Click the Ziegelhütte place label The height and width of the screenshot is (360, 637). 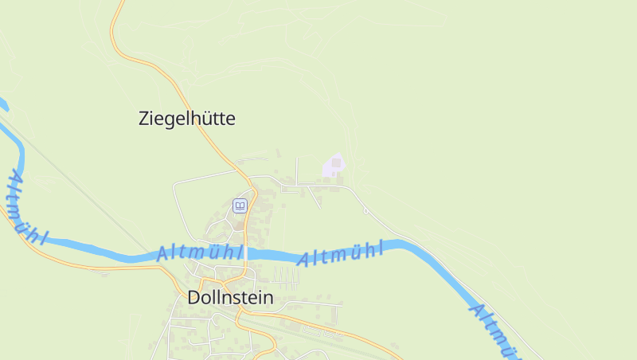pos(187,119)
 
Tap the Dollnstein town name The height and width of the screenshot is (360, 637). pos(230,298)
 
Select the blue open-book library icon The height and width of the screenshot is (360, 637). pos(240,206)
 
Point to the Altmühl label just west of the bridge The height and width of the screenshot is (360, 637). pos(199,252)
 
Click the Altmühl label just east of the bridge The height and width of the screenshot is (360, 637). pos(340,254)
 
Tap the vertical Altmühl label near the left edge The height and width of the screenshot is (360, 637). pos(25,207)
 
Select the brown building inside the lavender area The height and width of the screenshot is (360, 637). pos(336,163)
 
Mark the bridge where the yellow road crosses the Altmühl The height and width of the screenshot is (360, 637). pos(245,254)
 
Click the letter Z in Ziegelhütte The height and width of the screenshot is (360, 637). pos(144,119)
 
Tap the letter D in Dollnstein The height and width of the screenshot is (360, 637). pos(193,298)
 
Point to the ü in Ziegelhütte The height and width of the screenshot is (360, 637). pos(206,119)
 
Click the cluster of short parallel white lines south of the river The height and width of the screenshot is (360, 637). pos(285,276)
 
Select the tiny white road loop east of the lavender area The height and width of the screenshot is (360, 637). pos(365,209)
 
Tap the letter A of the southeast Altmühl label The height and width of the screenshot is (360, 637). pos(476,308)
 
